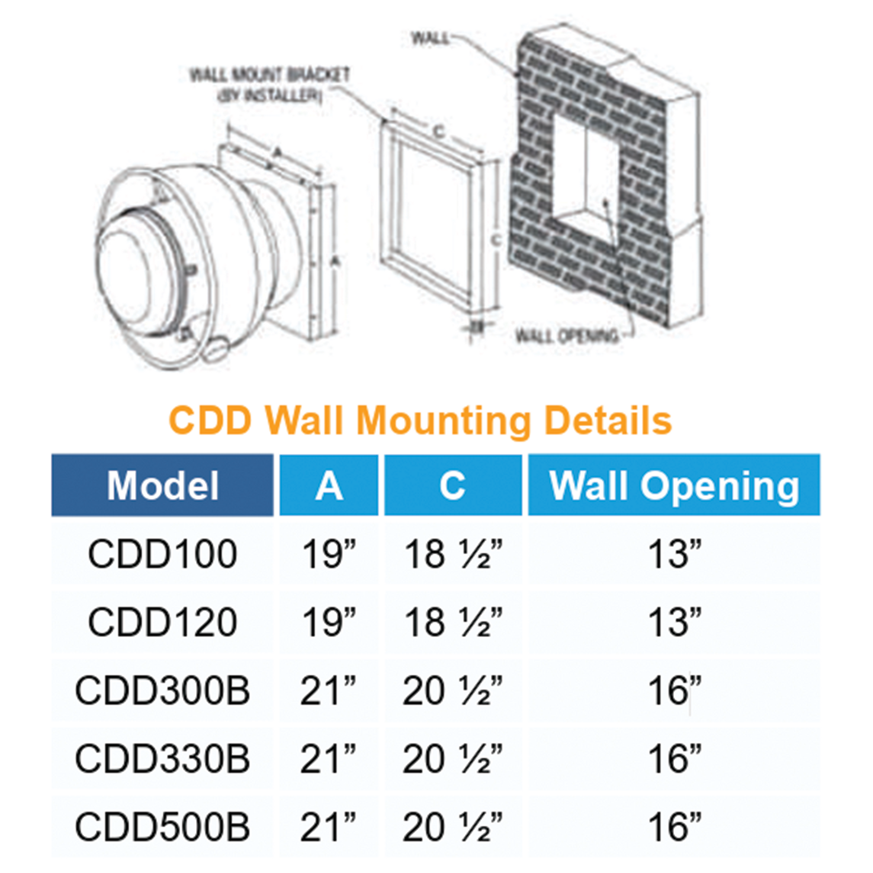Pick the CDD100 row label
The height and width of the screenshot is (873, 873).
pyautogui.click(x=162, y=554)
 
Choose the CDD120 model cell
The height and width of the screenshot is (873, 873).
pyautogui.click(x=162, y=622)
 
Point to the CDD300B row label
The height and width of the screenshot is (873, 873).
pyautogui.click(x=162, y=690)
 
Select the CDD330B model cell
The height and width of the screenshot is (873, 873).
pyautogui.click(x=162, y=758)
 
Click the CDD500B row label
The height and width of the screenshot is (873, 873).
pyautogui.click(x=162, y=827)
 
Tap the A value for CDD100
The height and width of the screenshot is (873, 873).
pyautogui.click(x=328, y=554)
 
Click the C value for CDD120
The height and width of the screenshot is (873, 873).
pyautogui.click(x=453, y=622)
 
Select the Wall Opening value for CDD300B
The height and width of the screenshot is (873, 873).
pyautogui.click(x=674, y=690)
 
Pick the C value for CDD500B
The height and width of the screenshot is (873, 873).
pyautogui.click(x=453, y=827)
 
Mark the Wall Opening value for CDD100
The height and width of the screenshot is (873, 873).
pyautogui.click(x=674, y=554)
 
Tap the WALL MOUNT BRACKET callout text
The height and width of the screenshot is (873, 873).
pyautogui.click(x=270, y=75)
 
